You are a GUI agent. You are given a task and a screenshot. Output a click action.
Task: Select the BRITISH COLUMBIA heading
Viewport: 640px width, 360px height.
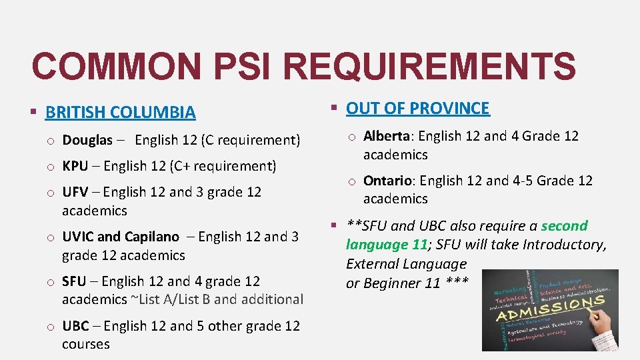[x=120, y=112]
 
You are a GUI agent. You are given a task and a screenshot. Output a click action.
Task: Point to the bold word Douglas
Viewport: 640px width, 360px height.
[x=87, y=140]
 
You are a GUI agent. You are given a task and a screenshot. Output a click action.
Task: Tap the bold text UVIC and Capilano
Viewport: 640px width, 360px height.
[x=121, y=237]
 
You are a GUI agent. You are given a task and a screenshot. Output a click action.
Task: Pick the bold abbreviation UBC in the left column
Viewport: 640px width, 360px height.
[x=75, y=326]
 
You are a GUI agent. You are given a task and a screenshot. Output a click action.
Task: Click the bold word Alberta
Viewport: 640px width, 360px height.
[x=386, y=136]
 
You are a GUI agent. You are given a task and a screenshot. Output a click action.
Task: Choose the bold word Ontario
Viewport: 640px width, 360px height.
[x=387, y=181]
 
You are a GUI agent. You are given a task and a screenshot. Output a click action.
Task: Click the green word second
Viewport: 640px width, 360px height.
[x=564, y=226]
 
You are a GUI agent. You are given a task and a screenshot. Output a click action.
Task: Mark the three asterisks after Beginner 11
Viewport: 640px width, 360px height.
[x=455, y=283]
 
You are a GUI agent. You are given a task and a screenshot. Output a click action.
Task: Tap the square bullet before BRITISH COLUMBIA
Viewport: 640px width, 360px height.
[x=33, y=112]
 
